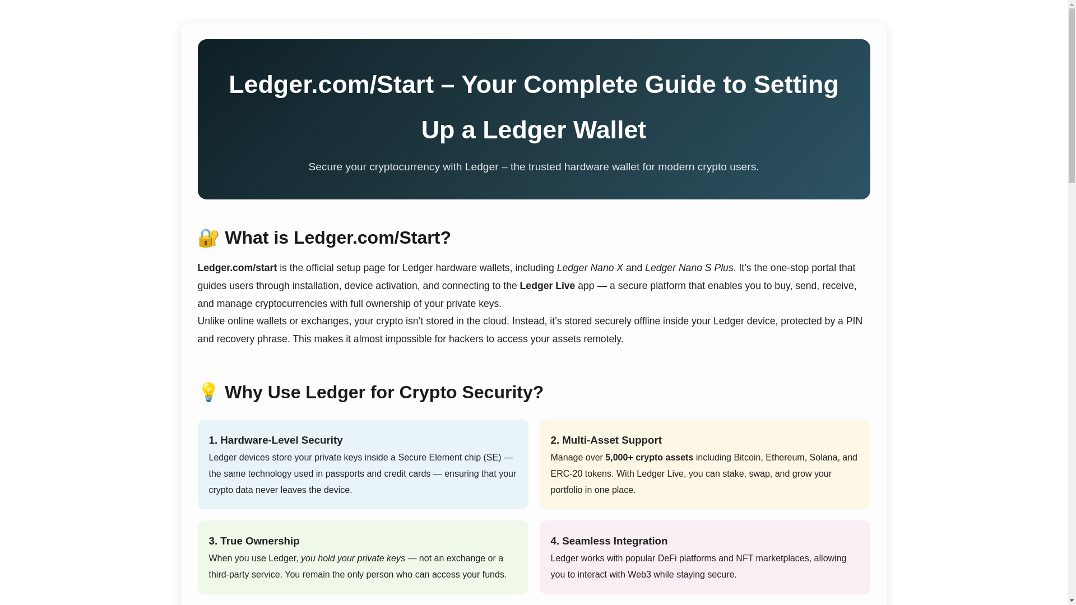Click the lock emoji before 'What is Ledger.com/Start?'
click(x=208, y=238)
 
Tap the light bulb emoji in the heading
click(x=208, y=392)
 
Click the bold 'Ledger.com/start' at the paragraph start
click(x=237, y=268)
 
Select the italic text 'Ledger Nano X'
click(x=590, y=268)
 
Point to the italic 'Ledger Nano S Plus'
click(x=689, y=268)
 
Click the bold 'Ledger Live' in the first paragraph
click(x=547, y=286)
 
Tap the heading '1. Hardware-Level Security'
click(x=275, y=440)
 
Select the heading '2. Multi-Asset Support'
click(x=606, y=440)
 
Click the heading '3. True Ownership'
click(x=254, y=541)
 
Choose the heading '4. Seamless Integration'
click(x=609, y=541)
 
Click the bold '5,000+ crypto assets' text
click(x=649, y=458)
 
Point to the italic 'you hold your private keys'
click(x=353, y=559)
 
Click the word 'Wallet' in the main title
click(x=609, y=130)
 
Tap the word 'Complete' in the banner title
click(x=580, y=85)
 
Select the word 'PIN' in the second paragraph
click(x=854, y=321)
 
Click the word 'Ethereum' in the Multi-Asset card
click(x=785, y=458)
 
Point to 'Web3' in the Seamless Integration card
click(x=639, y=575)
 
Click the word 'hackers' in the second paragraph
click(x=466, y=339)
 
